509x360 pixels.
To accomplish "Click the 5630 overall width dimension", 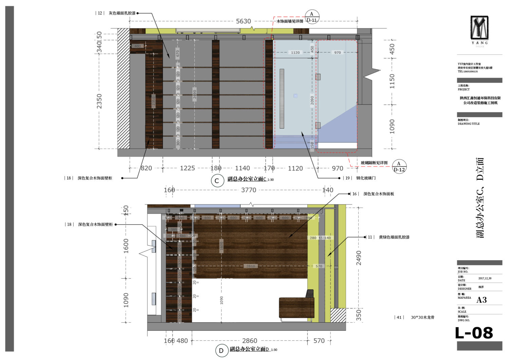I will click(x=243, y=21).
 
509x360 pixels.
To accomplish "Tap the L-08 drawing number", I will click(x=474, y=333).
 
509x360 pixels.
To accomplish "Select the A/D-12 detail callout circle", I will click(x=399, y=167).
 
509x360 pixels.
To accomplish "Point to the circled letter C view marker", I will click(x=217, y=181).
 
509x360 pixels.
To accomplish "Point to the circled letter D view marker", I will click(x=221, y=350).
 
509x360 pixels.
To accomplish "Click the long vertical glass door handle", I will click(x=282, y=99).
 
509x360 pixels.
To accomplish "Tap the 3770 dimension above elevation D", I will click(x=248, y=190).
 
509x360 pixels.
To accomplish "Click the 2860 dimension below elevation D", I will click(x=249, y=341).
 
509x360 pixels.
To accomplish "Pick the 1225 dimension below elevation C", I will click(x=187, y=168).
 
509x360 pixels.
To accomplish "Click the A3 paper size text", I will click(x=482, y=300).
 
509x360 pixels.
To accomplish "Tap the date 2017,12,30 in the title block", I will click(x=485, y=279).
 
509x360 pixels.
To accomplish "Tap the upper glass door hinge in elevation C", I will click(x=318, y=77).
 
